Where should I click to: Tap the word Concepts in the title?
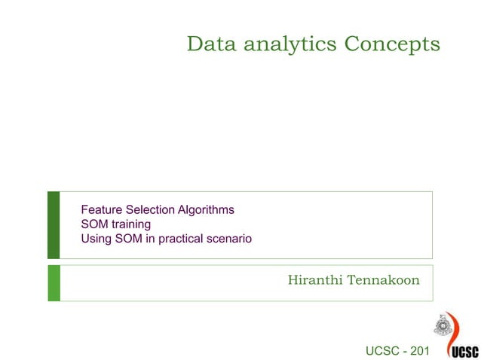tap(392, 45)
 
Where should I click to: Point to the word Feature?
tap(101, 209)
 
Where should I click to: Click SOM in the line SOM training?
tap(94, 224)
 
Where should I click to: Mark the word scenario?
tap(231, 239)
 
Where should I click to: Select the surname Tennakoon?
tap(383, 281)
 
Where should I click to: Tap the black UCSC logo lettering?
tap(464, 351)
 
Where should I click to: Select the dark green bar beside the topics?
tap(54, 224)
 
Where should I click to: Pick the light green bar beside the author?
tap(54, 282)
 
